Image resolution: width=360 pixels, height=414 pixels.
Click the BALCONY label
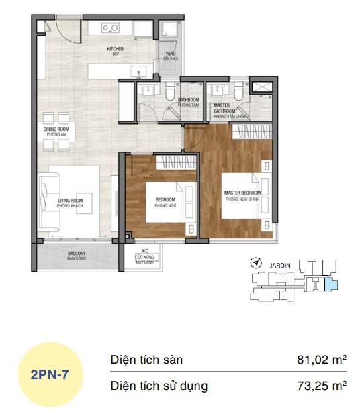click(x=75, y=256)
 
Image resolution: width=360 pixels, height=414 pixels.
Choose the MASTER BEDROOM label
click(x=242, y=195)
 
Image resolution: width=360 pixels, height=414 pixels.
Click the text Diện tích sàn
click(x=146, y=360)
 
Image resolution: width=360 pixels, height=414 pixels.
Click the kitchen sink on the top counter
click(x=111, y=29)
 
